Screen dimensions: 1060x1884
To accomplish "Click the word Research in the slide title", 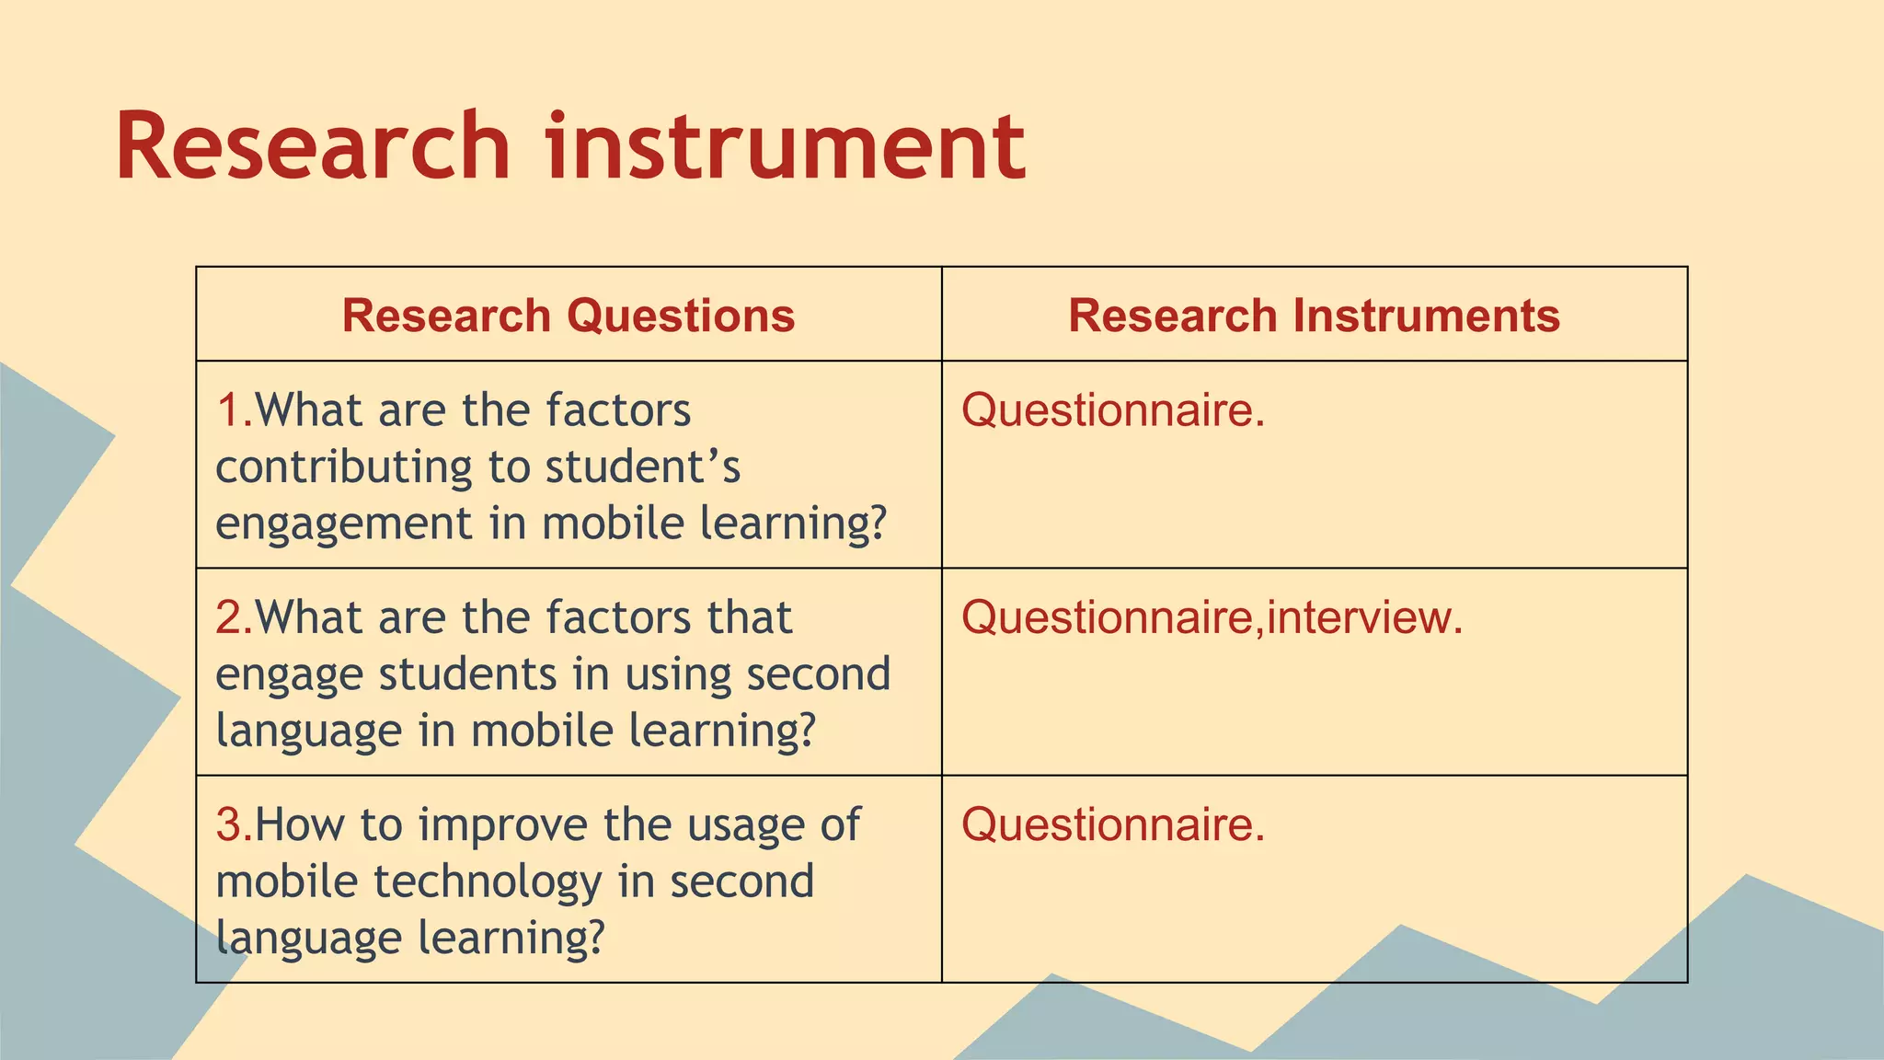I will [313, 147].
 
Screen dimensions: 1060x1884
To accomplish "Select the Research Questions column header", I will [569, 316].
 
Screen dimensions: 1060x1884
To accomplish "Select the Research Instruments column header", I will [1314, 316].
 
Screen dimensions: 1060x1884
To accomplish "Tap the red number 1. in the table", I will [234, 410].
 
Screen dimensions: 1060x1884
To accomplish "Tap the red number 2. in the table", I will [234, 617].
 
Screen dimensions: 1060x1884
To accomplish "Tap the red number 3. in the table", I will [234, 824].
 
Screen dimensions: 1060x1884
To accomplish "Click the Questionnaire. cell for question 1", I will [1113, 410].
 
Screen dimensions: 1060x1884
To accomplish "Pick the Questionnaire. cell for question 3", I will [1113, 824].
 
